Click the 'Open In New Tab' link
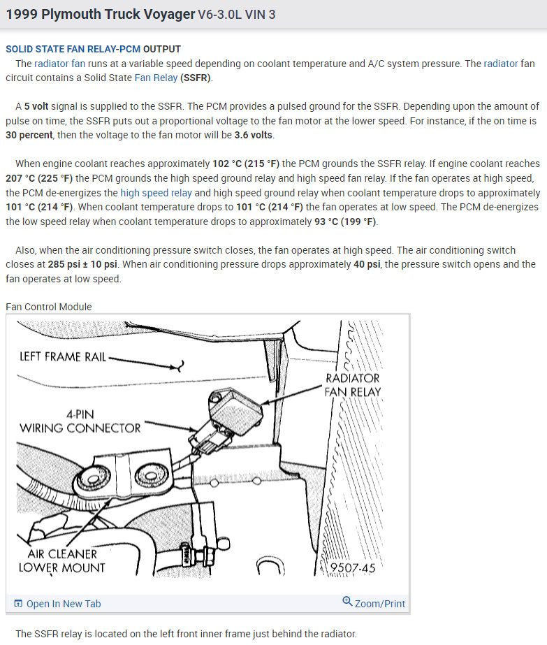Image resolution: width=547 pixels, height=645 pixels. pyautogui.click(x=63, y=604)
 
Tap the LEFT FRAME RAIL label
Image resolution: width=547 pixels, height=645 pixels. pyautogui.click(x=63, y=357)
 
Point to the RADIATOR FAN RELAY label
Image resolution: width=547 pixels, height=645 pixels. pyautogui.click(x=353, y=384)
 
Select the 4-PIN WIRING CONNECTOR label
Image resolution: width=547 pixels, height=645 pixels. pyautogui.click(x=80, y=421)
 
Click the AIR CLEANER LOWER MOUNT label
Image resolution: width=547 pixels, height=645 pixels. pyautogui.click(x=62, y=560)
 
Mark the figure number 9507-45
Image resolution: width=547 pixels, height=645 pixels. pyautogui.click(x=353, y=568)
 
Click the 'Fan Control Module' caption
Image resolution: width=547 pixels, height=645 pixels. pyautogui.click(x=49, y=306)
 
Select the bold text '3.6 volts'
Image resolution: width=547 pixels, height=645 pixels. pyautogui.click(x=254, y=135)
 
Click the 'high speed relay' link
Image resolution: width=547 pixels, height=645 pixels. pyautogui.click(x=156, y=192)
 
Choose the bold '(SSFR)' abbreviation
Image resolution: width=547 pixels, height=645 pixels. pyautogui.click(x=196, y=78)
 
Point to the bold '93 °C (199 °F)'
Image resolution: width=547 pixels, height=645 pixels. pyautogui.click(x=345, y=222)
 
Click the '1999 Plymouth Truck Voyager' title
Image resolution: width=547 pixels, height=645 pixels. pyautogui.click(x=100, y=14)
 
